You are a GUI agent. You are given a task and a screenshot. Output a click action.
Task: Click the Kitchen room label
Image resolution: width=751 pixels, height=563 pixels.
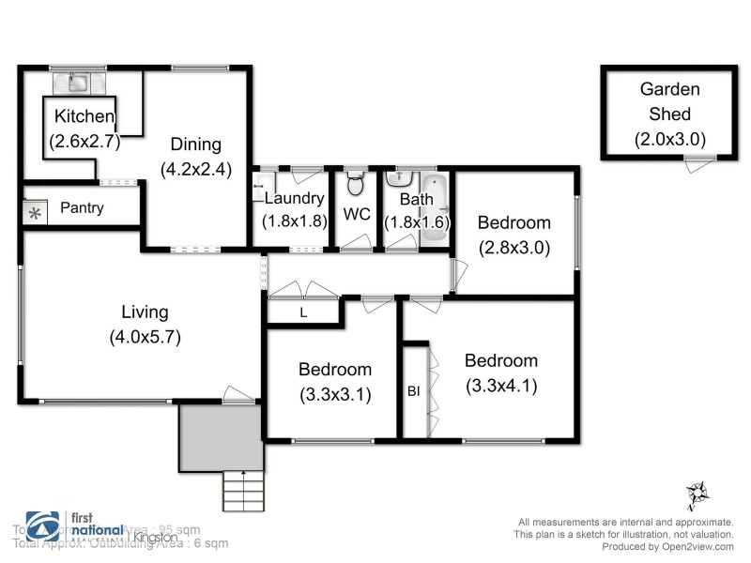[84, 117]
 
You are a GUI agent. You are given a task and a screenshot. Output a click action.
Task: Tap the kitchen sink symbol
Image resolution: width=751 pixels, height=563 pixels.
[75, 84]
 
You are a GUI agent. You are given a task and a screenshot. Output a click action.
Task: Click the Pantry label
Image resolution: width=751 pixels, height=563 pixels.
[82, 208]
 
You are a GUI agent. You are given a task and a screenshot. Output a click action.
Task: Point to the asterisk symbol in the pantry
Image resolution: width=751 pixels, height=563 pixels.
[36, 213]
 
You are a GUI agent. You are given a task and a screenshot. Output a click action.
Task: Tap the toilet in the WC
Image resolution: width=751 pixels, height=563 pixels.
[355, 180]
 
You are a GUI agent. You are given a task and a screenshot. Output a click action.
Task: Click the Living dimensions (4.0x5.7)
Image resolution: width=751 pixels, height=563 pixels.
[144, 338]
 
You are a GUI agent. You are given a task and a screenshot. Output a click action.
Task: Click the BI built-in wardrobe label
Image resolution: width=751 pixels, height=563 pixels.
[413, 391]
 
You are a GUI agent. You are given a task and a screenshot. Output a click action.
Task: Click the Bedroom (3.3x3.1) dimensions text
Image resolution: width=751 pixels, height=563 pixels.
[335, 394]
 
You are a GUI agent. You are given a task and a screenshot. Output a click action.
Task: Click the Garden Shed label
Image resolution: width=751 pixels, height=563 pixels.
[670, 101]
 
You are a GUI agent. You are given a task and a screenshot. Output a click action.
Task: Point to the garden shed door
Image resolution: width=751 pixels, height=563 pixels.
[695, 165]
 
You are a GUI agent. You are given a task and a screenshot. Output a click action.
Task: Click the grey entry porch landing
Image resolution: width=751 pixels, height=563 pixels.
[218, 437]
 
